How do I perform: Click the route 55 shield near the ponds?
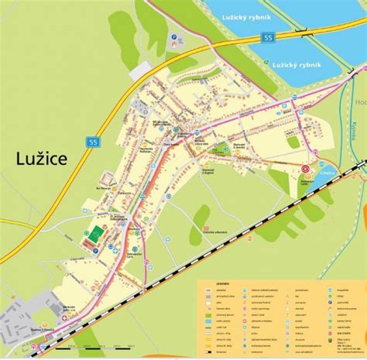click(269, 36)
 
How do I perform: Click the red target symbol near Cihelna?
click(304, 168)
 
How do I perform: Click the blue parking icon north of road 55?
click(175, 37)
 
